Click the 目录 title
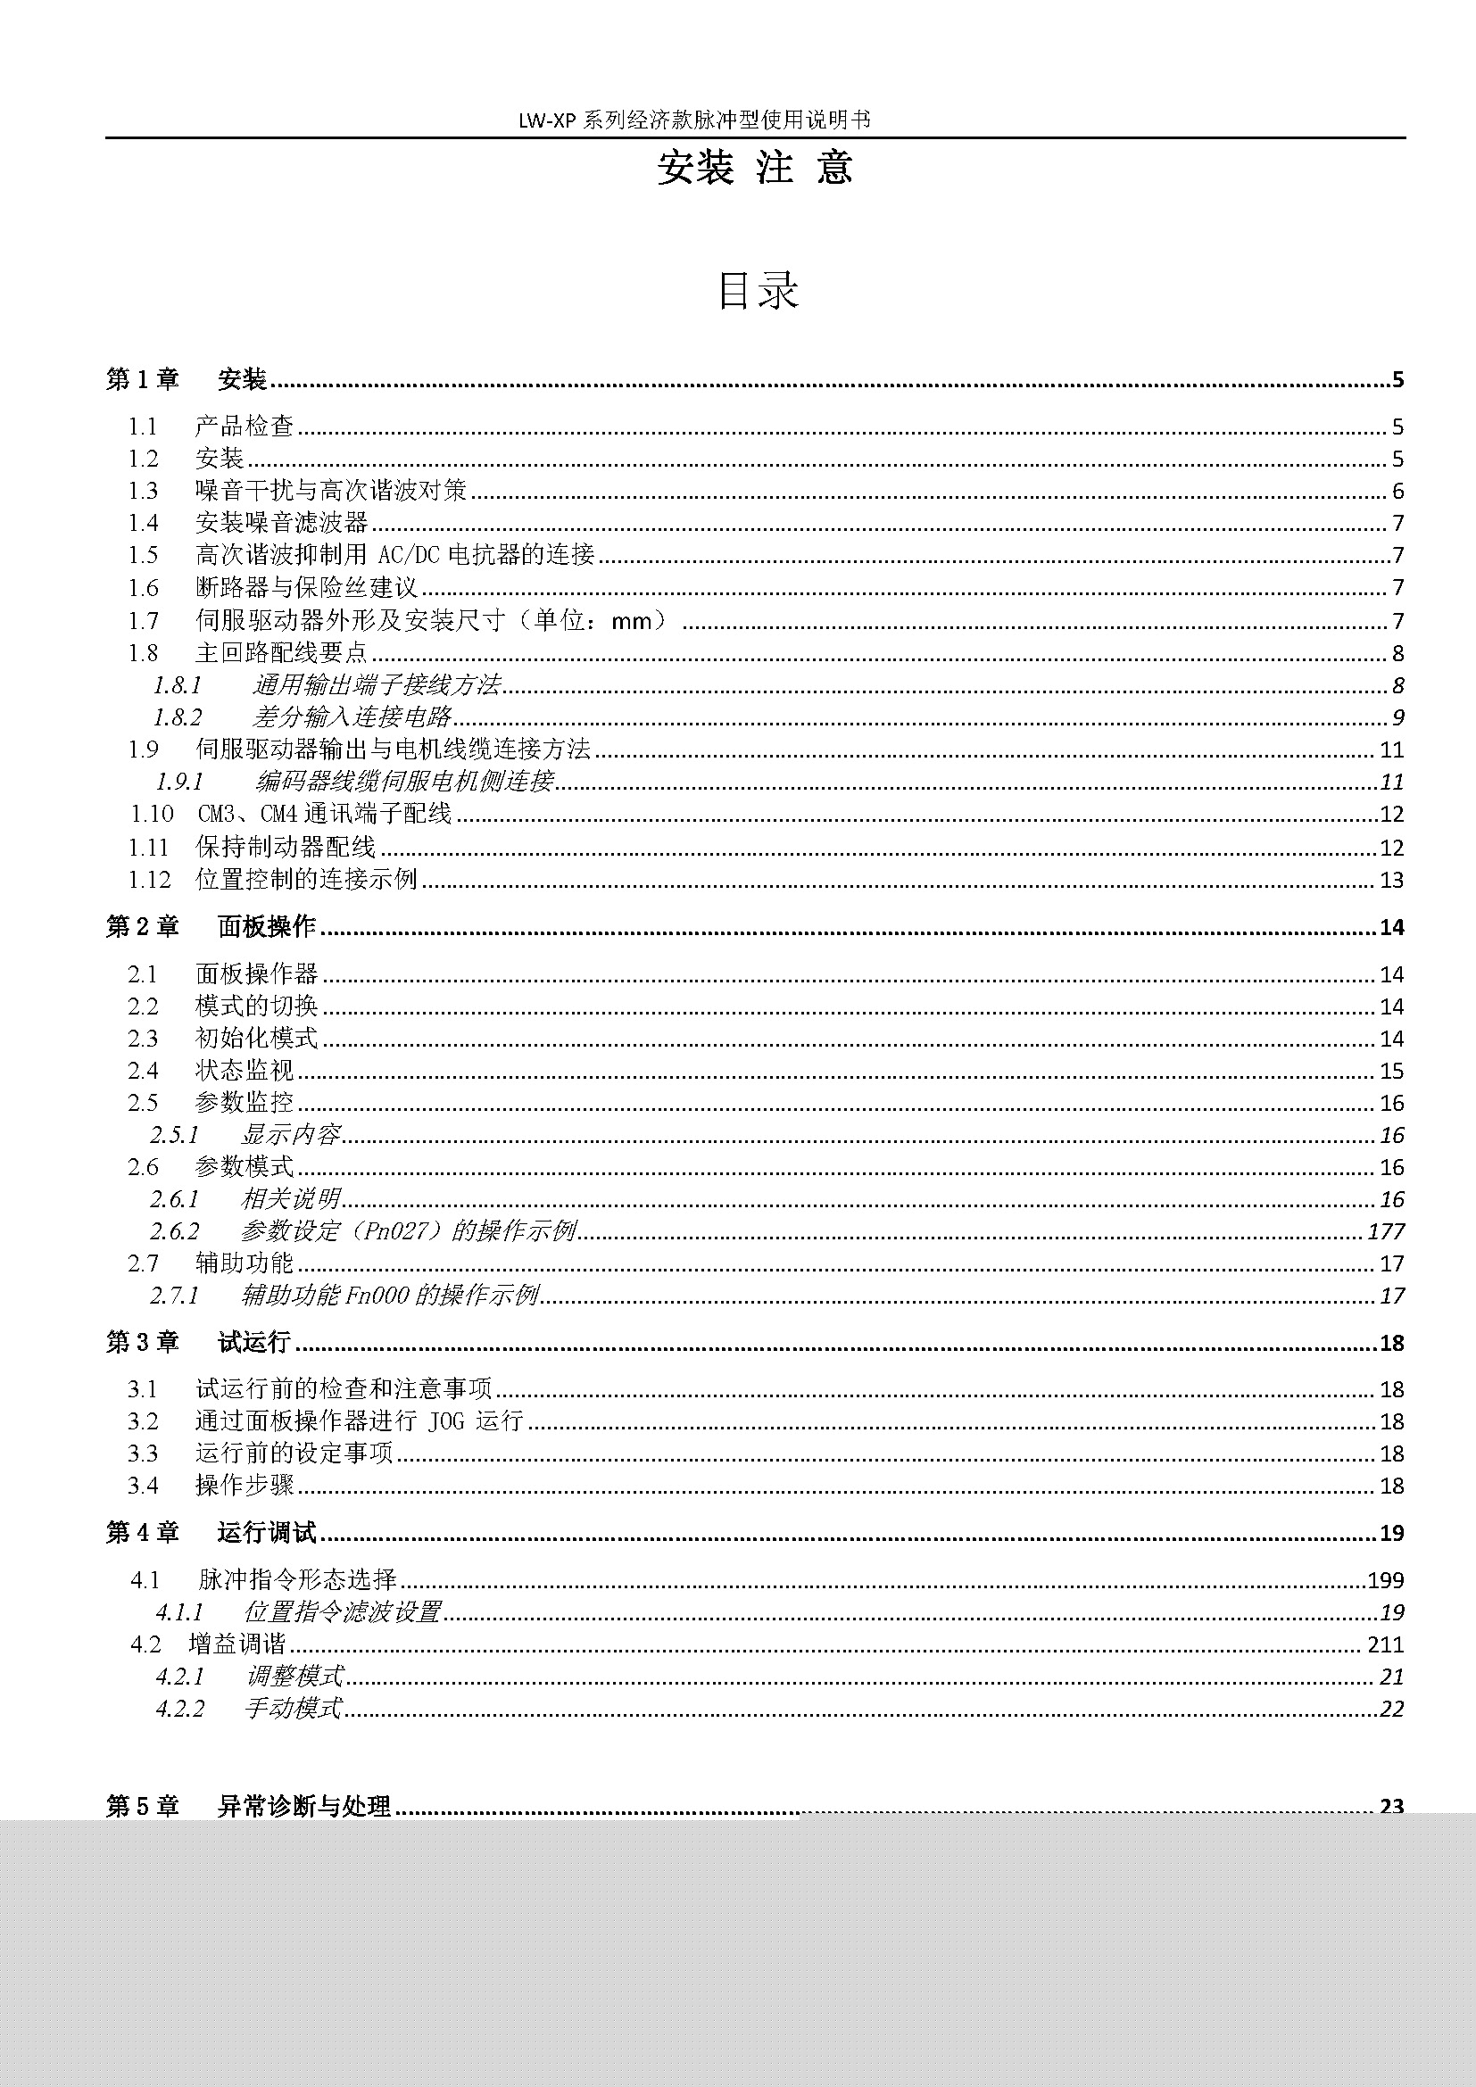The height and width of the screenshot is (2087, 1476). pos(757,291)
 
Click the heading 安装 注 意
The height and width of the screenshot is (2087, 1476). pos(754,168)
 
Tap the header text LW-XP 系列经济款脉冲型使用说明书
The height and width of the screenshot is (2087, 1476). pos(694,120)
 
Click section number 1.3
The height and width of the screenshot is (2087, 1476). pos(143,491)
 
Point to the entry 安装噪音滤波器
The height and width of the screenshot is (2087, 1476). pos(282,523)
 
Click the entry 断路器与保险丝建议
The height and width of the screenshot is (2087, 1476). pos(306,588)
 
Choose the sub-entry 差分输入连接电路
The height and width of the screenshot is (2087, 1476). pos(352,717)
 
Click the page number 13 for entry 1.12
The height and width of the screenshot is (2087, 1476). pos(1391,880)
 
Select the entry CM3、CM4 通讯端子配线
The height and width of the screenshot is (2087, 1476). pos(325,814)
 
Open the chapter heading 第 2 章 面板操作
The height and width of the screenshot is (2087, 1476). pos(211,926)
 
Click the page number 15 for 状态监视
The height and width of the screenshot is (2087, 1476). pos(1391,1071)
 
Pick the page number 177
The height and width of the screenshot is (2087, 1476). pos(1386,1231)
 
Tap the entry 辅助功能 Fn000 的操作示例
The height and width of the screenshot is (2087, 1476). pos(390,1296)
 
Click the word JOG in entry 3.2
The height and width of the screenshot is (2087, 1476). pos(445,1420)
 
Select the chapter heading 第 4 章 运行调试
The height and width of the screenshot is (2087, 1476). pos(211,1533)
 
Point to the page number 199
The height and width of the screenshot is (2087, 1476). pos(1386,1580)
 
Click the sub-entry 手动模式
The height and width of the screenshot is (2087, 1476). pos(293,1709)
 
